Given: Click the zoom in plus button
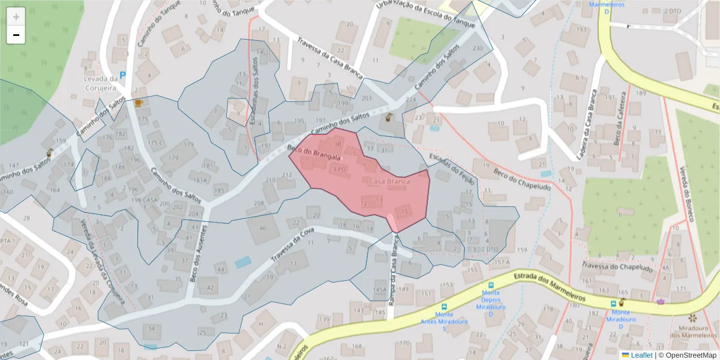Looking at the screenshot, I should (x=16, y=17).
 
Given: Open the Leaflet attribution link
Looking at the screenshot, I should (x=641, y=355).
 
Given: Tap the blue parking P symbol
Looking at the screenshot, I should (x=123, y=76).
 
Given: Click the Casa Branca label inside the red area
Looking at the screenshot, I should (x=389, y=181).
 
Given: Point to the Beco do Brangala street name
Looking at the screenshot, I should (x=314, y=153).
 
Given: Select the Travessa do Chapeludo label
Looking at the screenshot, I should (x=617, y=267).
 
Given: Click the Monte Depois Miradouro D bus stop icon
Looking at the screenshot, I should (x=491, y=286).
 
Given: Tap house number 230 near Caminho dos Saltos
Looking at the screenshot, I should (x=478, y=48).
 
